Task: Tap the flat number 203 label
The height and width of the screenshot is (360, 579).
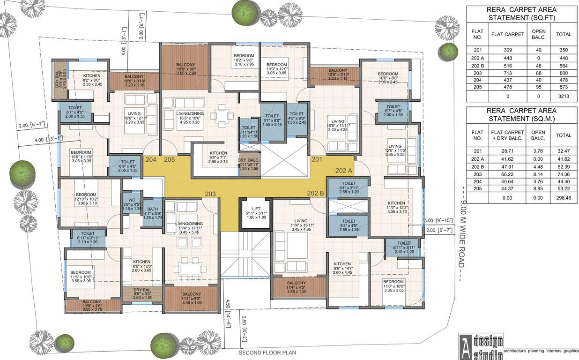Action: pyautogui.click(x=210, y=194)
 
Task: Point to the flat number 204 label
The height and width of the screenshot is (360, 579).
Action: pyautogui.click(x=151, y=159)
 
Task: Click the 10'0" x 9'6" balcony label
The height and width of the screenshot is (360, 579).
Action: pyautogui.click(x=186, y=69)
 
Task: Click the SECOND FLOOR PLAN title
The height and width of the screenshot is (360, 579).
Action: pyautogui.click(x=267, y=352)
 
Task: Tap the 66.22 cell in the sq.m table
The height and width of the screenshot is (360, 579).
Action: pyautogui.click(x=507, y=173)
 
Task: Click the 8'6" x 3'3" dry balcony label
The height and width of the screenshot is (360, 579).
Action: pyautogui.click(x=141, y=293)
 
